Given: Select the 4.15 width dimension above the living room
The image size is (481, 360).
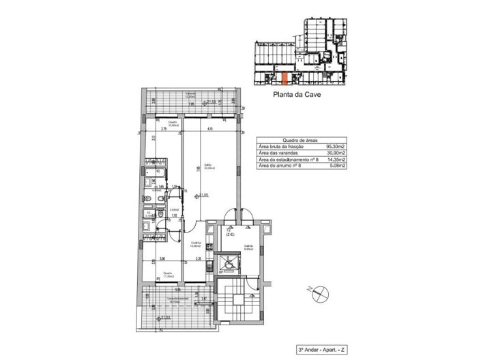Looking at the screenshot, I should tap(212, 129).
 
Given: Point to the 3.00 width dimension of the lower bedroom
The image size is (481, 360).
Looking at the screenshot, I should tap(162, 259).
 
